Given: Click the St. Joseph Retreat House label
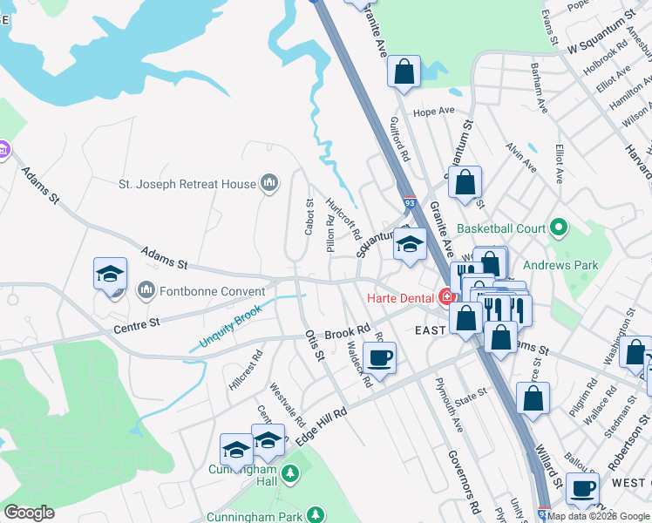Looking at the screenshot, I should coord(187,184).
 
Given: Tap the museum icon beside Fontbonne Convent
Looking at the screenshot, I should coord(145,289).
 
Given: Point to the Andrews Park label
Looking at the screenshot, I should coord(560,264).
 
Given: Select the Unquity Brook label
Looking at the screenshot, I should coord(231,324).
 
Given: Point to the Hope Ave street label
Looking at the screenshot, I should coord(435,112).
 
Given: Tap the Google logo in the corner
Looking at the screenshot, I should coord(29,513).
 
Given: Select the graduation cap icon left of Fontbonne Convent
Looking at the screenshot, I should coord(110,273).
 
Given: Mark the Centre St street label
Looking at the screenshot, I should coord(137,327).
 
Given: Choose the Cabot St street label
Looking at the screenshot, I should coord(309,215).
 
